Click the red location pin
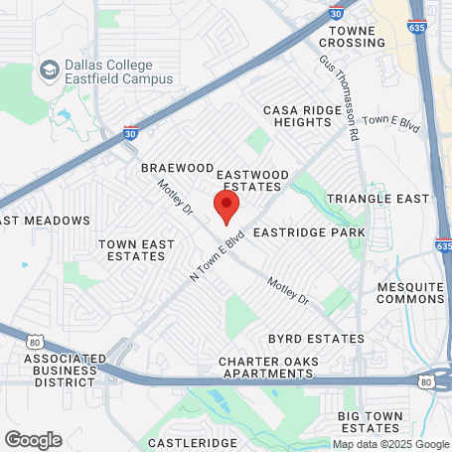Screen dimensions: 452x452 (227, 208)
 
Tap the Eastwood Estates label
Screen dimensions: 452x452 (254, 180)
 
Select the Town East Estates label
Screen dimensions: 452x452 (132, 249)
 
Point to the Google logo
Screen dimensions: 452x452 (33, 439)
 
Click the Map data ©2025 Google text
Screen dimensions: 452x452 (390, 444)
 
